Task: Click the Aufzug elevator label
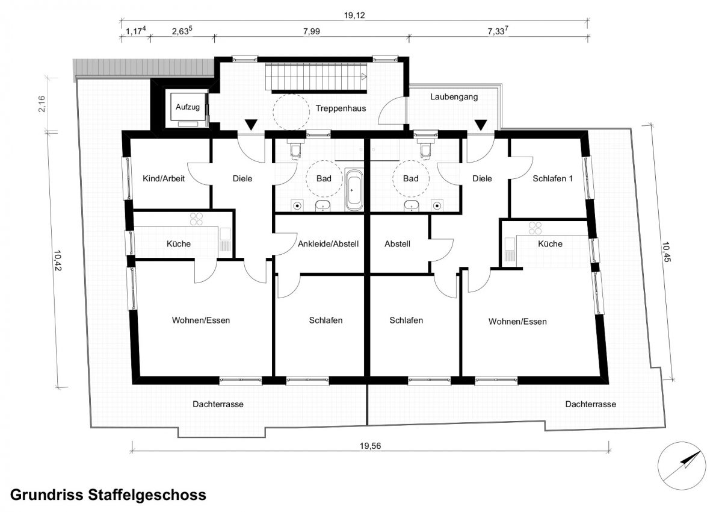(x=188, y=107)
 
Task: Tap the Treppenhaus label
(x=341, y=109)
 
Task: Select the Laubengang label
(x=454, y=97)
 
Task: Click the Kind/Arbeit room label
(x=164, y=178)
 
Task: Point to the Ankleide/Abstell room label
(x=329, y=244)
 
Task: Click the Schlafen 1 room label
(x=552, y=178)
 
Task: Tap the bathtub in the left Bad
(x=354, y=190)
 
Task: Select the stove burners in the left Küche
(x=197, y=219)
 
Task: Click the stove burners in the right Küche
(x=535, y=228)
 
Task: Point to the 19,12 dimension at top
(x=354, y=15)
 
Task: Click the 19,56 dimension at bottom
(x=370, y=446)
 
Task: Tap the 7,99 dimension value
(x=312, y=31)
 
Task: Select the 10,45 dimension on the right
(x=665, y=251)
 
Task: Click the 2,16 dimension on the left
(x=42, y=104)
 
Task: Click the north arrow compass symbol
(x=681, y=466)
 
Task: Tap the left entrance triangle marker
(x=251, y=125)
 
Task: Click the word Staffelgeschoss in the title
(x=147, y=495)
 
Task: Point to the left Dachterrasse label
(x=218, y=404)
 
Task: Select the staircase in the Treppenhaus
(x=316, y=78)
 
